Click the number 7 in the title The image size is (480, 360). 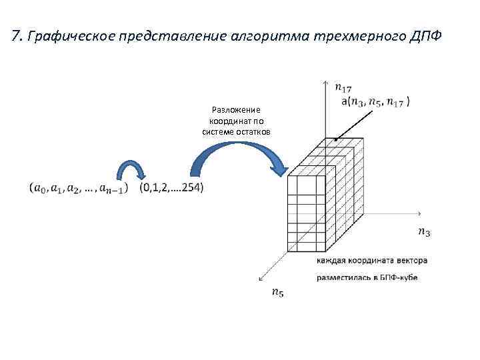(15, 35)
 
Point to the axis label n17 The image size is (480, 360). (343, 87)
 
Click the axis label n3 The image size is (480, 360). (423, 232)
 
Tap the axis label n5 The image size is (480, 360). (277, 293)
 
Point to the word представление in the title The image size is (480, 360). (171, 35)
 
